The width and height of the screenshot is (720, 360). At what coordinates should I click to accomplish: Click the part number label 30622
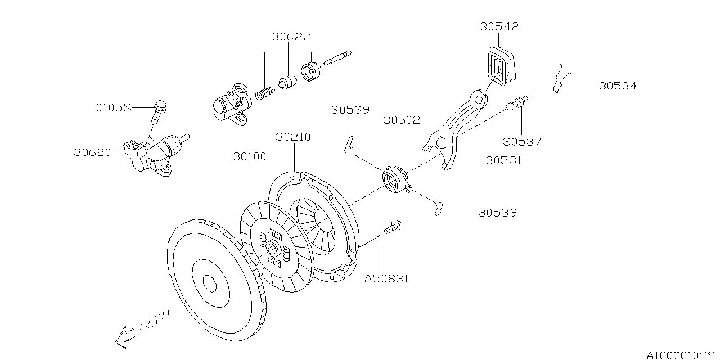[x=291, y=37]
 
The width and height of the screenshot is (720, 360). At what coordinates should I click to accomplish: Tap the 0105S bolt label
[x=112, y=107]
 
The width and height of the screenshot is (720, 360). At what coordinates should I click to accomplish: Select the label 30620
[x=93, y=152]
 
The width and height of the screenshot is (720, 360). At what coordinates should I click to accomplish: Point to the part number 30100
[x=250, y=156]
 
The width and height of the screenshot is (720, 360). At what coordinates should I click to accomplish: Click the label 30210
[x=293, y=137]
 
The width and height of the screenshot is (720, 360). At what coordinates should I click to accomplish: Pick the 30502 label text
[x=402, y=120]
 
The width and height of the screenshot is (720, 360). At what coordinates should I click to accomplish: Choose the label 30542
[x=499, y=26]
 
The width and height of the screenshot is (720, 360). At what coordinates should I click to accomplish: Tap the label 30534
[x=618, y=86]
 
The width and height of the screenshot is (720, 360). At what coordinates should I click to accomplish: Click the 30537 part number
[x=522, y=142]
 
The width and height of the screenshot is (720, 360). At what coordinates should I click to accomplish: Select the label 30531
[x=503, y=160]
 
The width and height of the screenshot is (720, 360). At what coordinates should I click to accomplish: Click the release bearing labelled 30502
[x=394, y=179]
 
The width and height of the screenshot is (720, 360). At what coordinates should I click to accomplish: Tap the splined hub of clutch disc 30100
[x=273, y=247]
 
